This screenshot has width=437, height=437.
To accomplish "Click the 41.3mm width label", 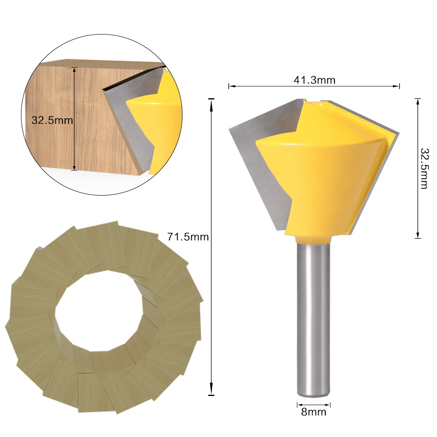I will coord(314,80).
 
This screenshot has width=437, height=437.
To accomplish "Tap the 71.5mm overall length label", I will coord(188,237).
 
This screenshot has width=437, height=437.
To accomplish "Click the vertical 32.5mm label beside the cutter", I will coord(423,168).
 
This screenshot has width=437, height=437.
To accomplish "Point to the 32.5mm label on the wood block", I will coord(52,120).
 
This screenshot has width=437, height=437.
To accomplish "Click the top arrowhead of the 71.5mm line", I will coord(211,102).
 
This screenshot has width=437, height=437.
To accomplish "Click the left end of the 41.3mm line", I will coord(230,86).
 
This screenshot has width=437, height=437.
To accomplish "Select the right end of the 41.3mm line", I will coord(399,86).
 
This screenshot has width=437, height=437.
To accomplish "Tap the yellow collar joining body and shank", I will coord(313,239).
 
